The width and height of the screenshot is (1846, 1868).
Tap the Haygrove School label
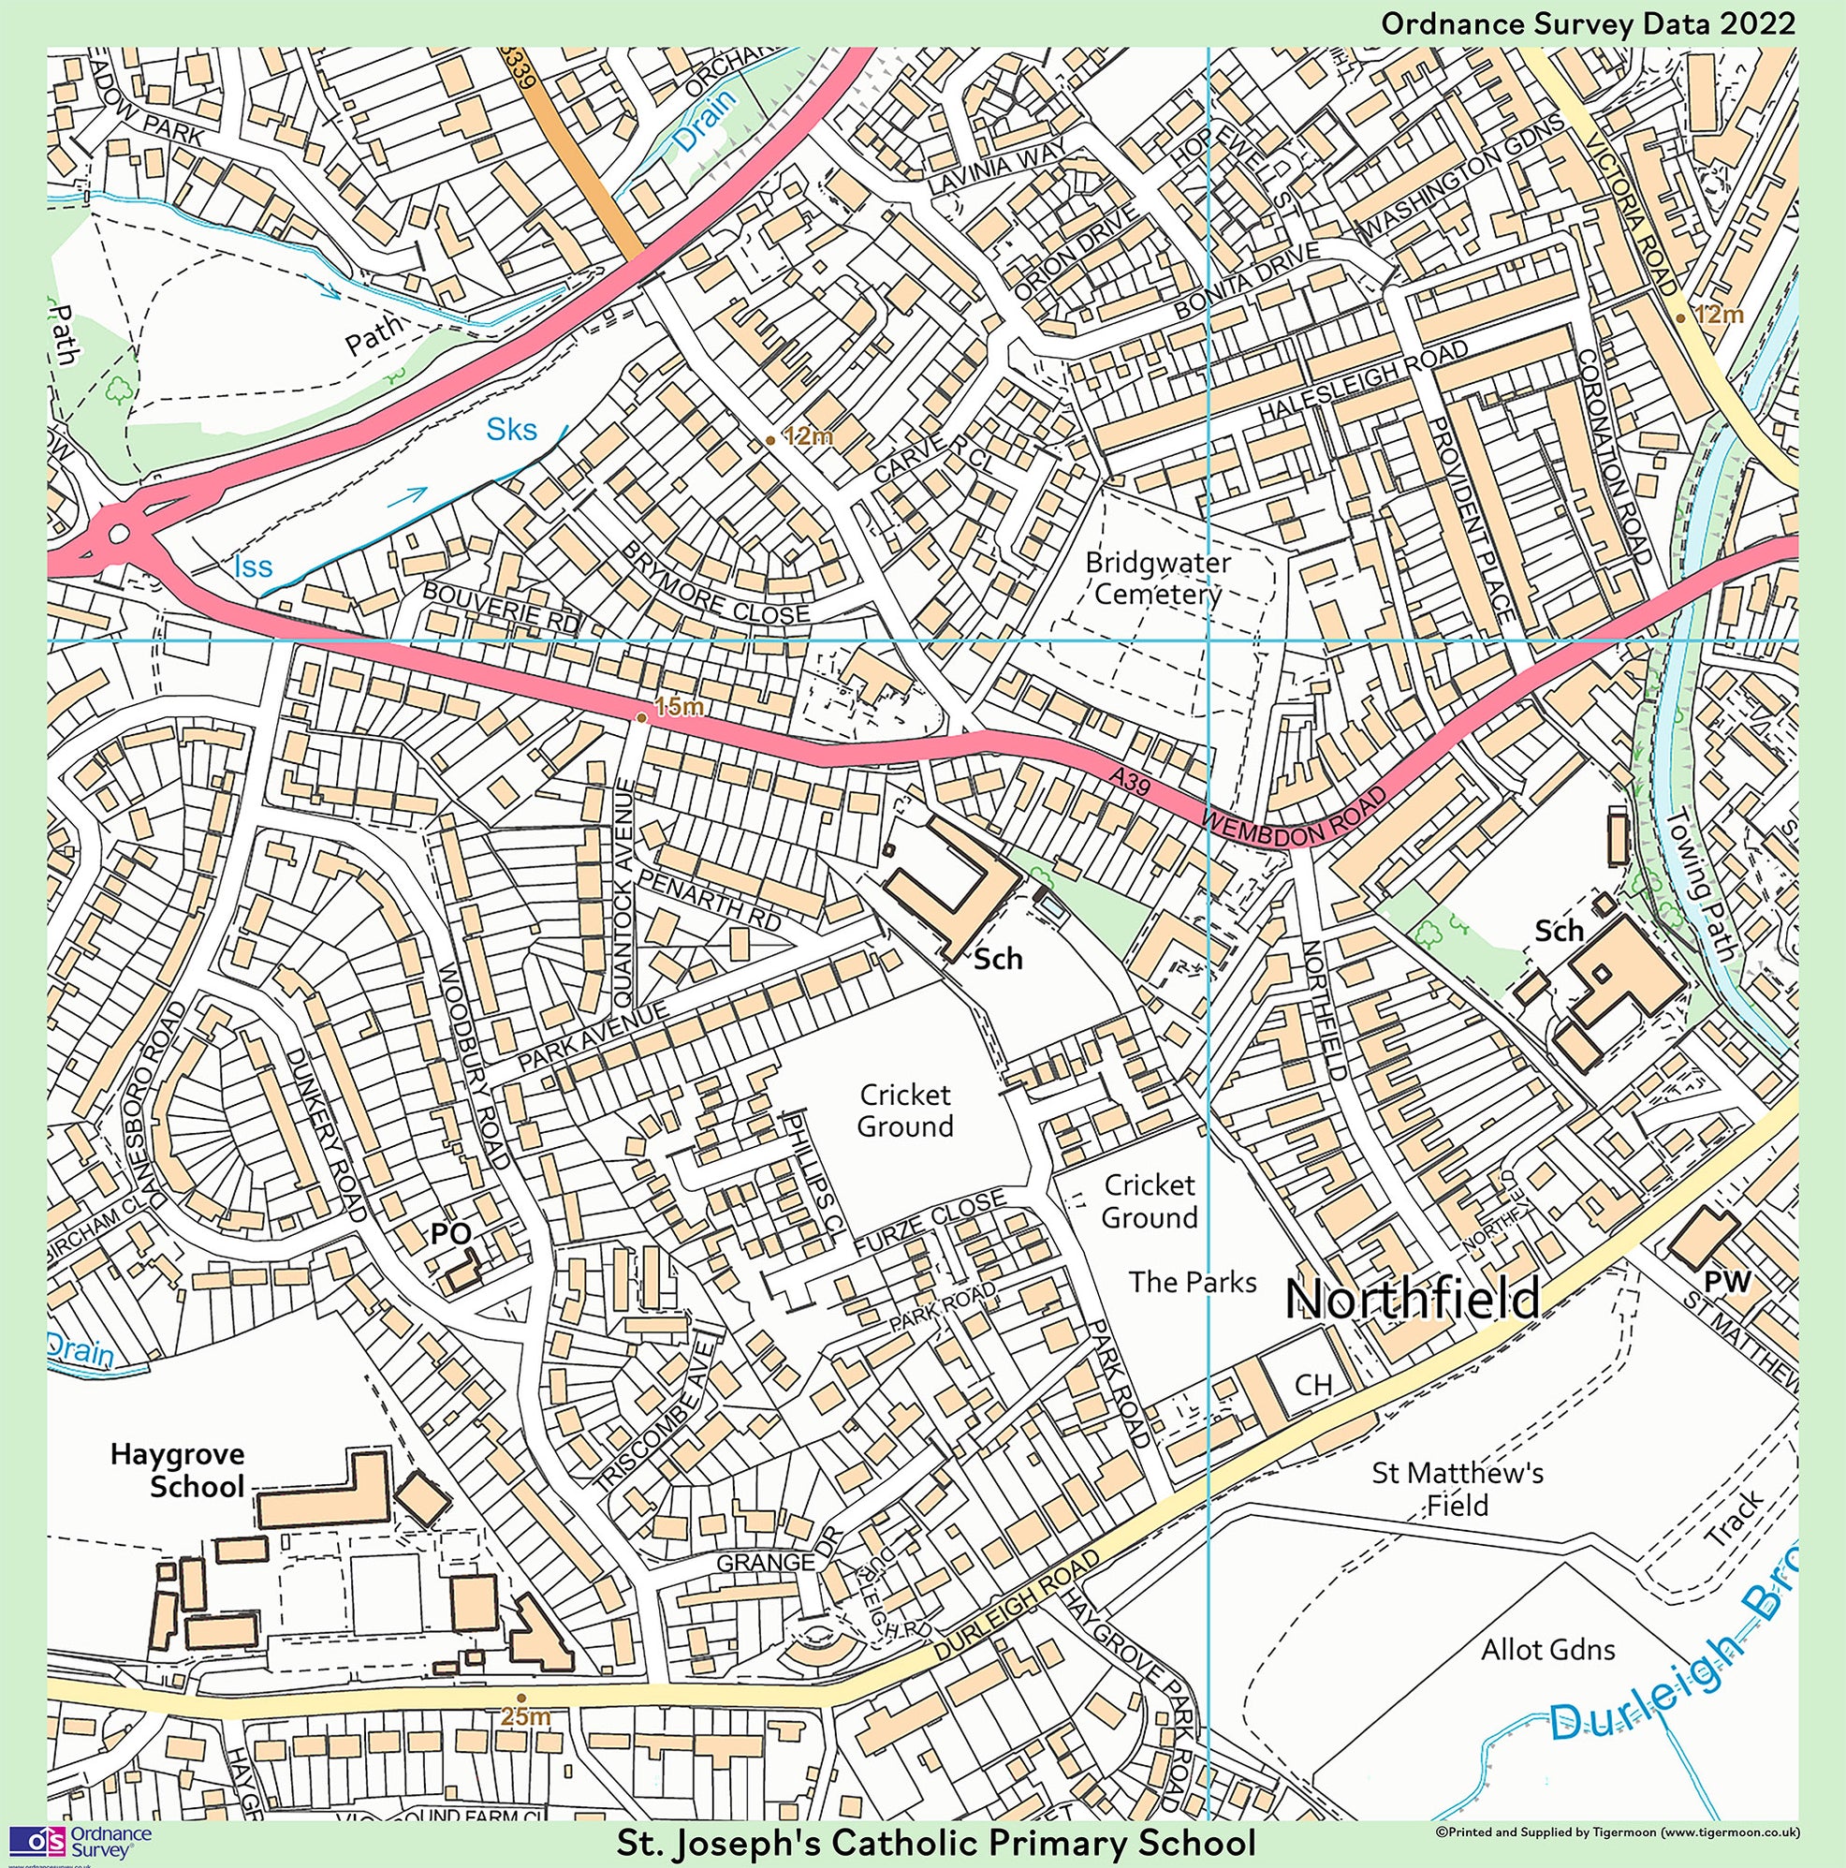pyautogui.click(x=177, y=1470)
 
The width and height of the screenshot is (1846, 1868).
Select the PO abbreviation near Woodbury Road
pyautogui.click(x=449, y=1233)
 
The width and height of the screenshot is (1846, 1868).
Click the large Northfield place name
pyautogui.click(x=1413, y=1298)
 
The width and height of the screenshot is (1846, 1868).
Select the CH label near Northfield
pyautogui.click(x=1313, y=1385)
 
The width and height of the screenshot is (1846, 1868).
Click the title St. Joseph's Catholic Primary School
pyautogui.click(x=936, y=1843)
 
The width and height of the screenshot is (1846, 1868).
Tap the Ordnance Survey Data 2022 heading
pyautogui.click(x=1587, y=23)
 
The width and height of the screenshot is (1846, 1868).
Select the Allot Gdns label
pyautogui.click(x=1547, y=1649)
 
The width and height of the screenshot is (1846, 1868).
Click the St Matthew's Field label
pyautogui.click(x=1458, y=1489)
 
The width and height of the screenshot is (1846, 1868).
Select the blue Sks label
pyautogui.click(x=511, y=429)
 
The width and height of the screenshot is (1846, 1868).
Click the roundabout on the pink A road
pyautogui.click(x=119, y=533)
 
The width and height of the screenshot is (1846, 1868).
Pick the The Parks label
pyautogui.click(x=1193, y=1282)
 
